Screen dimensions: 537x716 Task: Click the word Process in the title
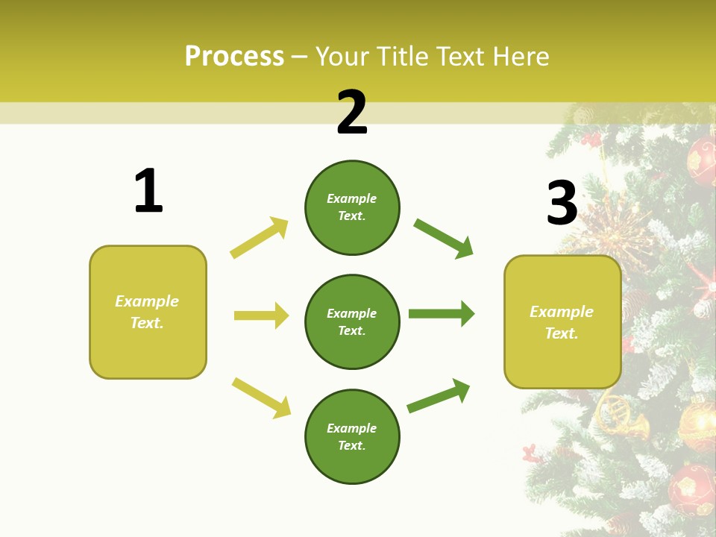234,57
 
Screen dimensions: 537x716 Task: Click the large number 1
148,191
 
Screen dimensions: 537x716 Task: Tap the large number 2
352,113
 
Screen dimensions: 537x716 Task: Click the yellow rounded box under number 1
148,312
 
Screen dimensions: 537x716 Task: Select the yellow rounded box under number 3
562,321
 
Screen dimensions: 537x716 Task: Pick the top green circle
352,207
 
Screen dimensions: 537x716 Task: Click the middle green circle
352,321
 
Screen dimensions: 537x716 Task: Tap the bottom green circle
352,436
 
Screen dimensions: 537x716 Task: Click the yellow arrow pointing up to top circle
260,237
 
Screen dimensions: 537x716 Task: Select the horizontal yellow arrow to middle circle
261,315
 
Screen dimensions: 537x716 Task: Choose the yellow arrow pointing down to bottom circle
261,398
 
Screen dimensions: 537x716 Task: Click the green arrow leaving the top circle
443,238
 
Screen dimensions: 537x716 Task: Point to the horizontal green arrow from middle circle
441,313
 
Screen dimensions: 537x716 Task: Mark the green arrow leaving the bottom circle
439,395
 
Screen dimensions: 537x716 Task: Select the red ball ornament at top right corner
702,160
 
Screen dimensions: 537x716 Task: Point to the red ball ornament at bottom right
691,489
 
